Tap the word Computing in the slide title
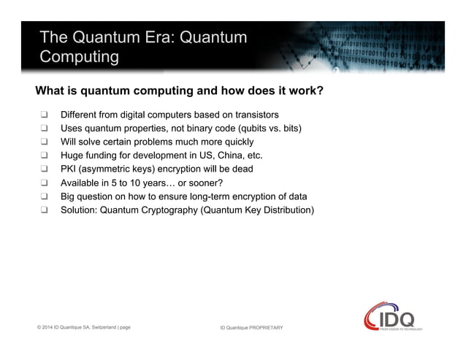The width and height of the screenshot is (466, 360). (x=79, y=57)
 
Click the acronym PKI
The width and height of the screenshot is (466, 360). (x=69, y=169)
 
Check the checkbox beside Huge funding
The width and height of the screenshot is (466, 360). (x=45, y=156)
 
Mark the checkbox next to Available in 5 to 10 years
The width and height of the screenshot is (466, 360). (x=45, y=183)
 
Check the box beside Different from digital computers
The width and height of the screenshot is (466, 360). (x=45, y=115)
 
